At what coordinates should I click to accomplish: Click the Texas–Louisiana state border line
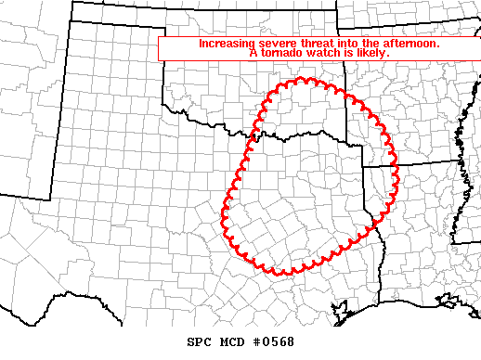tap(380, 251)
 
